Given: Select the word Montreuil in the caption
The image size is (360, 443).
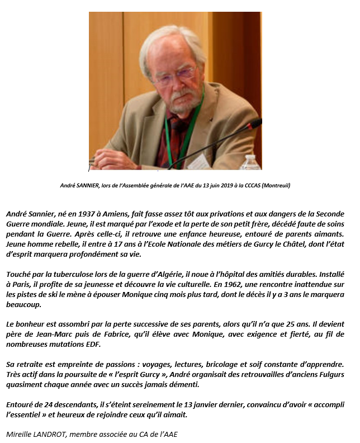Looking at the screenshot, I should [272, 185].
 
